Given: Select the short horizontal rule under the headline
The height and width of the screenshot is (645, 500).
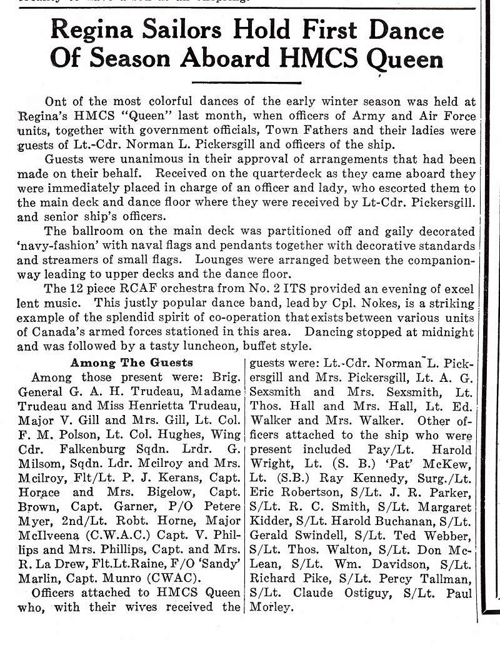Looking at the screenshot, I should pos(246,82).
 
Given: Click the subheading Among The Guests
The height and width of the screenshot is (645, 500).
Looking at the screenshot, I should pos(131,362).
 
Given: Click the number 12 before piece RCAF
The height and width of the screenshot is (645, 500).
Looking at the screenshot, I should pos(76,289).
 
